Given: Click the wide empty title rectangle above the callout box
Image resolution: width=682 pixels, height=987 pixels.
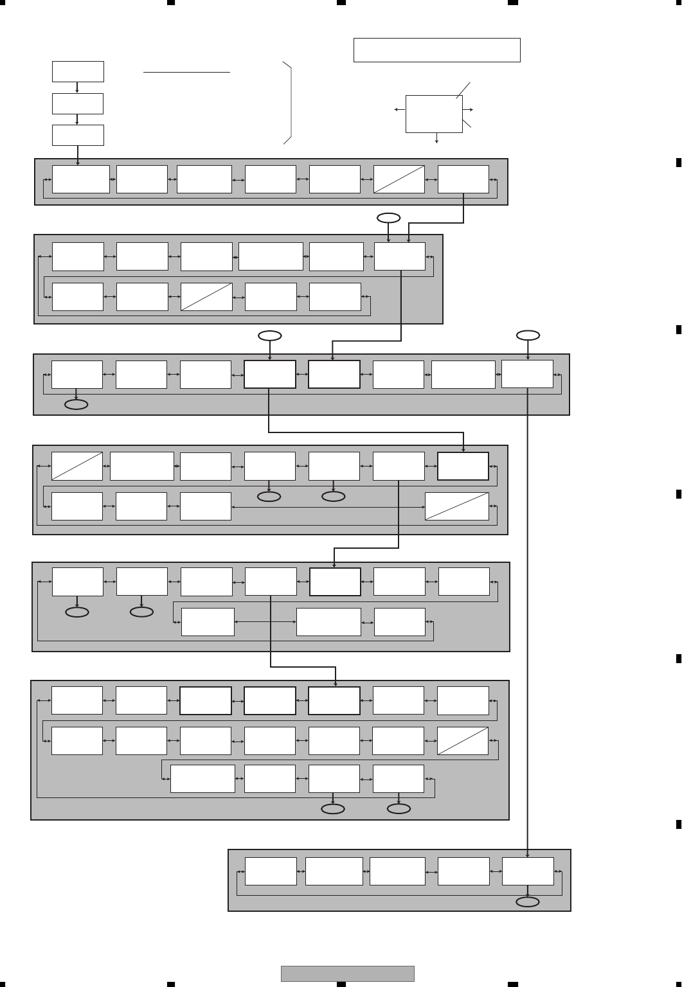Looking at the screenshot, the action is pyautogui.click(x=436, y=50).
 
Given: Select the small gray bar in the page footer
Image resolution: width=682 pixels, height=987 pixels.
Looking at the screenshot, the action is pyautogui.click(x=347, y=974).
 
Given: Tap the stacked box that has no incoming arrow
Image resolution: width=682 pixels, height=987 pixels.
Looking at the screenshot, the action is pyautogui.click(x=78, y=71).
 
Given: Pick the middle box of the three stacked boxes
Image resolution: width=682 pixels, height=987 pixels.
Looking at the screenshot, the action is pyautogui.click(x=78, y=103).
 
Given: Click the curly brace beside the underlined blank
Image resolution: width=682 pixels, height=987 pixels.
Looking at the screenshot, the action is pyautogui.click(x=290, y=103).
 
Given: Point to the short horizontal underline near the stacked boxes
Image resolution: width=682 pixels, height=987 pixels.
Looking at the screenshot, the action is pyautogui.click(x=186, y=73).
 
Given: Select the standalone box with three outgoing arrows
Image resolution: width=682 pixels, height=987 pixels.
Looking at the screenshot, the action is pyautogui.click(x=434, y=114).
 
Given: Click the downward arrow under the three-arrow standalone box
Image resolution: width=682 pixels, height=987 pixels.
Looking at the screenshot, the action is pyautogui.click(x=437, y=138).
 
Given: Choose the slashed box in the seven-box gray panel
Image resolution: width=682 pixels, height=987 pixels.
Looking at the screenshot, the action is pyautogui.click(x=399, y=179).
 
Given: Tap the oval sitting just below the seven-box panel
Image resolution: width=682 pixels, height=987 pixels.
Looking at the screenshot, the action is pyautogui.click(x=388, y=218).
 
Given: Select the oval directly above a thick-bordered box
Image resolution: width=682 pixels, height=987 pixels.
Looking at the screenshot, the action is pyautogui.click(x=270, y=335).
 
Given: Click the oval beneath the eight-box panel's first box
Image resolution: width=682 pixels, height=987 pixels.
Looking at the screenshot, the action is pyautogui.click(x=76, y=405).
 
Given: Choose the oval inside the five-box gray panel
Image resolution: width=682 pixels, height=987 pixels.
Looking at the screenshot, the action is pyautogui.click(x=528, y=902).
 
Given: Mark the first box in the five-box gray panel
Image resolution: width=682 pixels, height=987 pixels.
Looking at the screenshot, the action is pyautogui.click(x=271, y=871).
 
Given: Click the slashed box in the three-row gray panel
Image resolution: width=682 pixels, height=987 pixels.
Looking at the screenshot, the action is pyautogui.click(x=463, y=741).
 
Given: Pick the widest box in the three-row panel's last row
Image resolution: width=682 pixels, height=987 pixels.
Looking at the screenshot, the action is pyautogui.click(x=202, y=779).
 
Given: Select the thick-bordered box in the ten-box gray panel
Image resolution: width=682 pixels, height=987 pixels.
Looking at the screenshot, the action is pyautogui.click(x=335, y=582).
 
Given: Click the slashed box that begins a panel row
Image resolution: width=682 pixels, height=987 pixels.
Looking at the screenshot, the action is pyautogui.click(x=77, y=467).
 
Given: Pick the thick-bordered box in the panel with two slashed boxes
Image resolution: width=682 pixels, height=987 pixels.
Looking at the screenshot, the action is pyautogui.click(x=463, y=467).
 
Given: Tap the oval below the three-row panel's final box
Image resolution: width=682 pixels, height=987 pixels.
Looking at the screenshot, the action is pyautogui.click(x=399, y=809).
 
